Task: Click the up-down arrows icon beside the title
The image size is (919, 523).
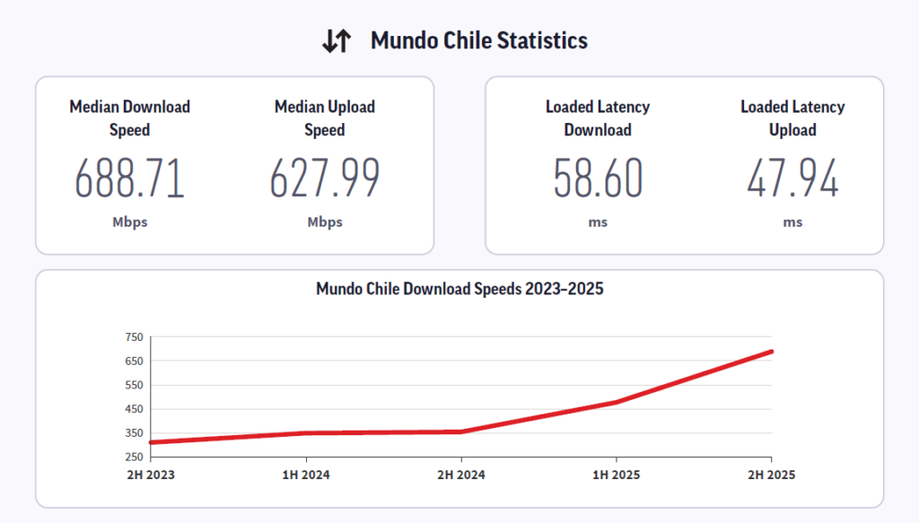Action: tap(337, 41)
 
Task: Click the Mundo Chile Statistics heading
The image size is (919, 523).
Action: tap(479, 41)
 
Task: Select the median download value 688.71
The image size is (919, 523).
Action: tap(130, 179)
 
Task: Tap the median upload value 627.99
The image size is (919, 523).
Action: tap(325, 179)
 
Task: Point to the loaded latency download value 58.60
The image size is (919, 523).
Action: tap(598, 179)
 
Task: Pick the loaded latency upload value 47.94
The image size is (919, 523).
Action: tap(792, 179)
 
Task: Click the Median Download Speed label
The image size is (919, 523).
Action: tap(130, 118)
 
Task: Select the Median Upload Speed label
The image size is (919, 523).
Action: tap(325, 118)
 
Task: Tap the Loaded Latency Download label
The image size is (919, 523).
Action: tap(598, 118)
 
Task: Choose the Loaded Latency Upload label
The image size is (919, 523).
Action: tap(792, 118)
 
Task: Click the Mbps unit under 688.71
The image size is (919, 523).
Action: tap(130, 222)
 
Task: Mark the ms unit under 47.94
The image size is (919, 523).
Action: tap(792, 222)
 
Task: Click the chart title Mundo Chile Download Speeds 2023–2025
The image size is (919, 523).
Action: tap(459, 290)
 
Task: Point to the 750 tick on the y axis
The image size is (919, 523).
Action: tap(135, 337)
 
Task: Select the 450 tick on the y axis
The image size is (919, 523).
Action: tap(135, 409)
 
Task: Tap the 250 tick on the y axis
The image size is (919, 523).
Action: tap(135, 457)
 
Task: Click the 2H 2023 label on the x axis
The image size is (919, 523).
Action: tap(151, 475)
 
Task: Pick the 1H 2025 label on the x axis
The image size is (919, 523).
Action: tap(617, 475)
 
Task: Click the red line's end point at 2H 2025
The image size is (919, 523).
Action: tap(771, 352)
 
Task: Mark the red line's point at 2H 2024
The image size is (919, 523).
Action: tap(461, 431)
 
